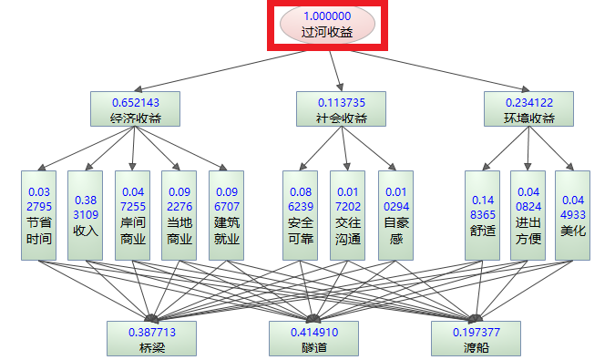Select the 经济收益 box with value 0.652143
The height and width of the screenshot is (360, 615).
point(135,108)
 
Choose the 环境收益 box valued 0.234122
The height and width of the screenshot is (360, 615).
point(528,108)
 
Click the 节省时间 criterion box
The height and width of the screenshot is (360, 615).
point(39,215)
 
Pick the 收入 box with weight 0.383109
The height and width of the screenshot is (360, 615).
point(86,215)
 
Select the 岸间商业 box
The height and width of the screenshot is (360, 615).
point(133,215)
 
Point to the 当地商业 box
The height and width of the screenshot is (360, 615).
point(179,215)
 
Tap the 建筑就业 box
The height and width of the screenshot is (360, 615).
point(227,215)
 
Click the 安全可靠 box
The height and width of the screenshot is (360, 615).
point(300,215)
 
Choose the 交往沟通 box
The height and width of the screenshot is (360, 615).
point(347,215)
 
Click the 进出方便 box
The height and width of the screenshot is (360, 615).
point(528,215)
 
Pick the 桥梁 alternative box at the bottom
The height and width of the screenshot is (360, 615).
point(152,338)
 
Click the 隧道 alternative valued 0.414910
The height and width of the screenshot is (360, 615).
point(313,338)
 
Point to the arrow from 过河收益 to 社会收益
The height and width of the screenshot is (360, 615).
point(336,69)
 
